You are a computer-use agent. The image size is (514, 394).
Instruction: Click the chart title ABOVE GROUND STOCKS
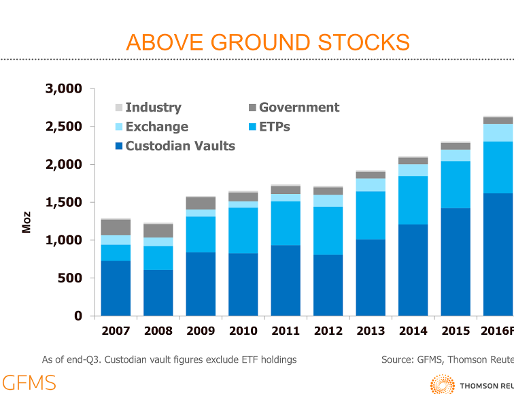[x=268, y=42]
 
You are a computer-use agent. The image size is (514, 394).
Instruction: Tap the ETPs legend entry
[x=274, y=127]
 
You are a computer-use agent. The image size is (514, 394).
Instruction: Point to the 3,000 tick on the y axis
[x=63, y=88]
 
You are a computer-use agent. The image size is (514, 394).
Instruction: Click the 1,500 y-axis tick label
[x=63, y=202]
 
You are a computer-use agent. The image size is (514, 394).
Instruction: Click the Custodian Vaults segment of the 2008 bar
[x=158, y=293]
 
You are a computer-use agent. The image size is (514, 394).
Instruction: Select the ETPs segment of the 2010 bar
[x=243, y=230]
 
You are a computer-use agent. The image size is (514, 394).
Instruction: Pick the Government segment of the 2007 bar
[x=116, y=227]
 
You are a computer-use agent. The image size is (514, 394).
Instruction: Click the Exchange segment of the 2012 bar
[x=328, y=201]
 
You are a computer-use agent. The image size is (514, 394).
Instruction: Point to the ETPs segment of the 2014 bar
[x=413, y=200]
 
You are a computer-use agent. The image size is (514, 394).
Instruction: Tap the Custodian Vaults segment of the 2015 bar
[x=456, y=262]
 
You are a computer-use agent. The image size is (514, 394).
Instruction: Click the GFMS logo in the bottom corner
[x=29, y=382]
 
